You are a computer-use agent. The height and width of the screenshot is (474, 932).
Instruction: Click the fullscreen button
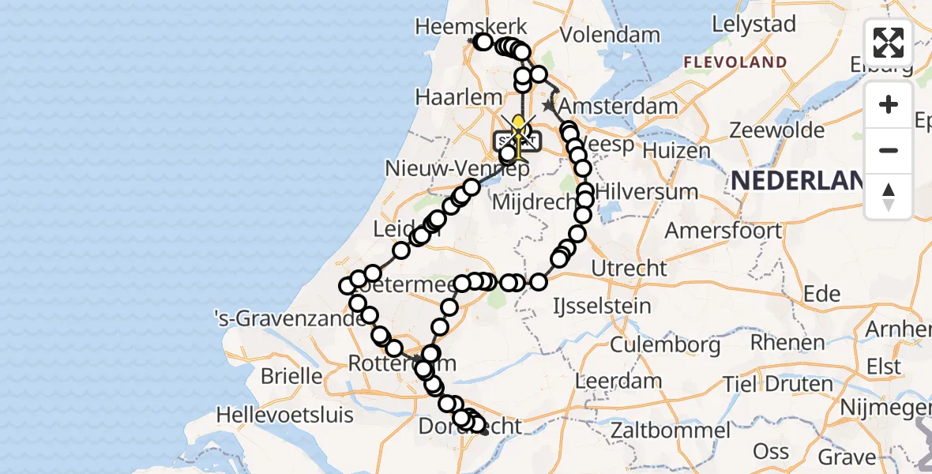coord(889,43)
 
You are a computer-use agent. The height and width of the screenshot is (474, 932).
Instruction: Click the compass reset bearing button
coord(889,196)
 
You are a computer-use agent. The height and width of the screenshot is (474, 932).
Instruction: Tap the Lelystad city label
coord(753,24)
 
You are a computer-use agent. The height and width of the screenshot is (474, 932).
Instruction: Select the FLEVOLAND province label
coord(735,62)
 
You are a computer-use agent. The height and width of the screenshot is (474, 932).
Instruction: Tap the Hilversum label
coord(647,191)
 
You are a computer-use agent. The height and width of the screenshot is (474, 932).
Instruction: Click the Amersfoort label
coord(723,231)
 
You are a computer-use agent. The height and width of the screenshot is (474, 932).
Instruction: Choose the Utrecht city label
coord(629,268)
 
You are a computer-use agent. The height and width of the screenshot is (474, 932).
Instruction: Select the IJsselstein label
coord(603,305)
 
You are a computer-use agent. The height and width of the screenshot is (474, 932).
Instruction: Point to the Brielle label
coord(291,376)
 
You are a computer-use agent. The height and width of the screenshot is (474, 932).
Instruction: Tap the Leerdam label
coord(618,381)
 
